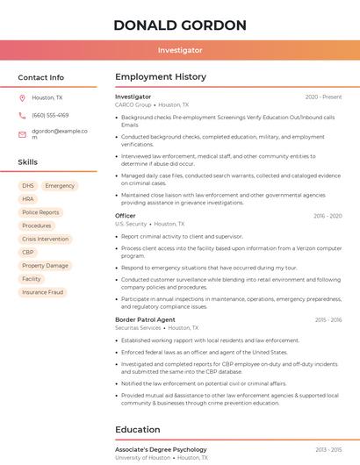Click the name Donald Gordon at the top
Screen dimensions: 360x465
tap(180, 25)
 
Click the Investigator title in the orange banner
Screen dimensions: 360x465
tap(180, 51)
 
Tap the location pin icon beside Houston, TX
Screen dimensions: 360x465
tap(22, 97)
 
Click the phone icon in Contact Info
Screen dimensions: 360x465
tap(22, 115)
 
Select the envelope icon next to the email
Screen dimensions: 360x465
tap(22, 134)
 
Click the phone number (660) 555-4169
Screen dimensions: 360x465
tap(50, 115)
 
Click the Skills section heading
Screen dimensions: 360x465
tap(28, 162)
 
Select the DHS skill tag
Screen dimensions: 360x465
tap(28, 186)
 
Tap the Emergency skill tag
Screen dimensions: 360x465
tap(60, 186)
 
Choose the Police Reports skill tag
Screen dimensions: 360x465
tap(40, 212)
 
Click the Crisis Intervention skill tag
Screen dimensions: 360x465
tap(45, 239)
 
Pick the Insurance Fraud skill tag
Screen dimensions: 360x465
tap(43, 292)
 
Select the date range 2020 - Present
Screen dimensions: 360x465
tap(323, 97)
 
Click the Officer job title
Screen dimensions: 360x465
tap(126, 216)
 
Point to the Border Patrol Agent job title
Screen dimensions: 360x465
tap(146, 320)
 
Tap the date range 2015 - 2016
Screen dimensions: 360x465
tap(328, 320)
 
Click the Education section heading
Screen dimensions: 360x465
tap(137, 430)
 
